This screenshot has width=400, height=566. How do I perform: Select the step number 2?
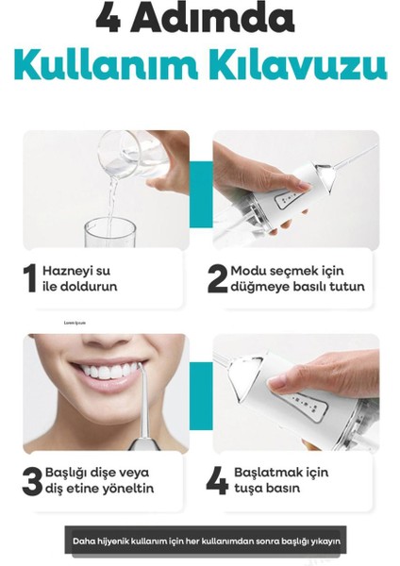click(x=217, y=278)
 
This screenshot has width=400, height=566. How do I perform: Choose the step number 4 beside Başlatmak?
click(x=217, y=480)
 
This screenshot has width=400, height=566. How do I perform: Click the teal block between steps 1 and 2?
click(x=201, y=193)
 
